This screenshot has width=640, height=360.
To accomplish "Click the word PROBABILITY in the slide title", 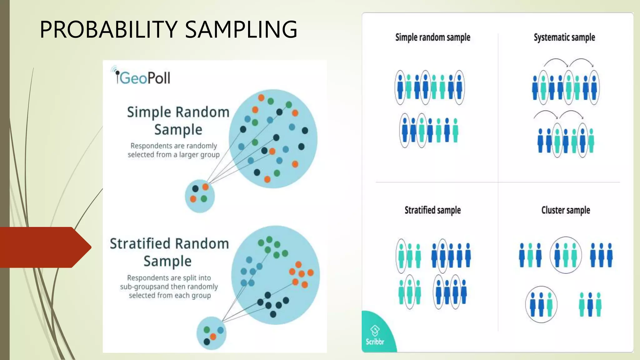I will point(109,29).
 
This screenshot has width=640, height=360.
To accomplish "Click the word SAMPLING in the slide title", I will point(241,29).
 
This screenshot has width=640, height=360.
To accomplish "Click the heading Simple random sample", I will point(432,37).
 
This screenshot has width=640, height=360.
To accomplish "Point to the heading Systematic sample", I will point(564,37).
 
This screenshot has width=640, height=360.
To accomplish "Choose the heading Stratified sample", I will point(432,210).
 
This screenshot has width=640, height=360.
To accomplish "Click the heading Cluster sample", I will point(566,210).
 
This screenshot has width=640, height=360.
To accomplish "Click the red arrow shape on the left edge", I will point(44,247).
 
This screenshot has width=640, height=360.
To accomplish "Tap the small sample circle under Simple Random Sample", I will point(200,196).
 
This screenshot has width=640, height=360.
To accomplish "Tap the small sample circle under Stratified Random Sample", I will point(211,333).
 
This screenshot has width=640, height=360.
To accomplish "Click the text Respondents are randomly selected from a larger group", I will point(174,150).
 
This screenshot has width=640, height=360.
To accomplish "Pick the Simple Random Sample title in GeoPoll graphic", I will point(178,121).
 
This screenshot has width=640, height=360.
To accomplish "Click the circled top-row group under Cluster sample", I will point(566,255).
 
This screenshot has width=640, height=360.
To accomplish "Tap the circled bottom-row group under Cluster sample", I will point(541,304).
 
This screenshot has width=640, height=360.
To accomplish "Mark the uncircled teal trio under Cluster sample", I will point(590,304).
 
